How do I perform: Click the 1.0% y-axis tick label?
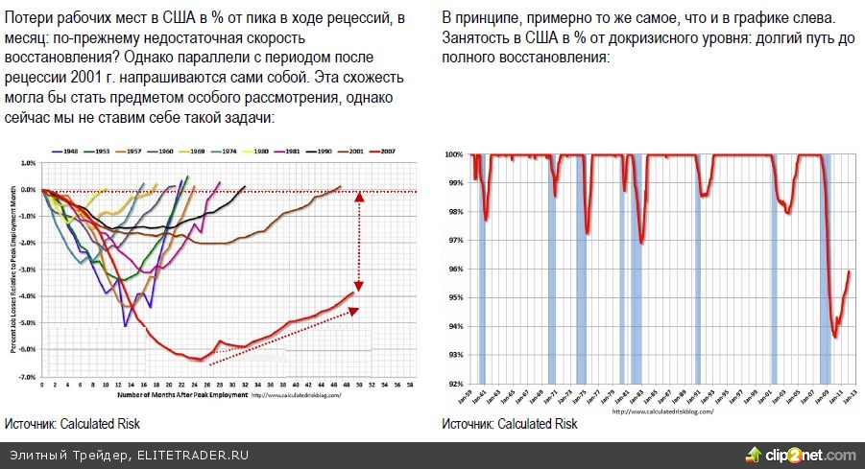tap(28, 163)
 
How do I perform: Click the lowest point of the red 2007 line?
tap(199, 360)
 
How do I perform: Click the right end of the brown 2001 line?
tap(340, 187)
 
